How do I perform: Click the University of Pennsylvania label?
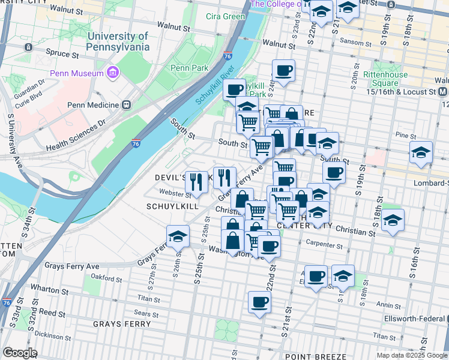coord(118,40)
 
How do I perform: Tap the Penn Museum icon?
coord(112,73)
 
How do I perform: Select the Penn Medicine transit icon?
coord(127,104)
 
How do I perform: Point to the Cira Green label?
coord(225,16)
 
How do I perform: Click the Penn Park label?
coord(188,68)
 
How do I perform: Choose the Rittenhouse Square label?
coord(381,79)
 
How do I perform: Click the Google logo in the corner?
coord(19,352)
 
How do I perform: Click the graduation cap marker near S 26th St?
coord(178,237)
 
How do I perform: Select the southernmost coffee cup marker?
coord(259,302)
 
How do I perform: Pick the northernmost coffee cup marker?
coord(283,70)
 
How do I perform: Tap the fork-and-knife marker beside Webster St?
coord(196,181)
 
